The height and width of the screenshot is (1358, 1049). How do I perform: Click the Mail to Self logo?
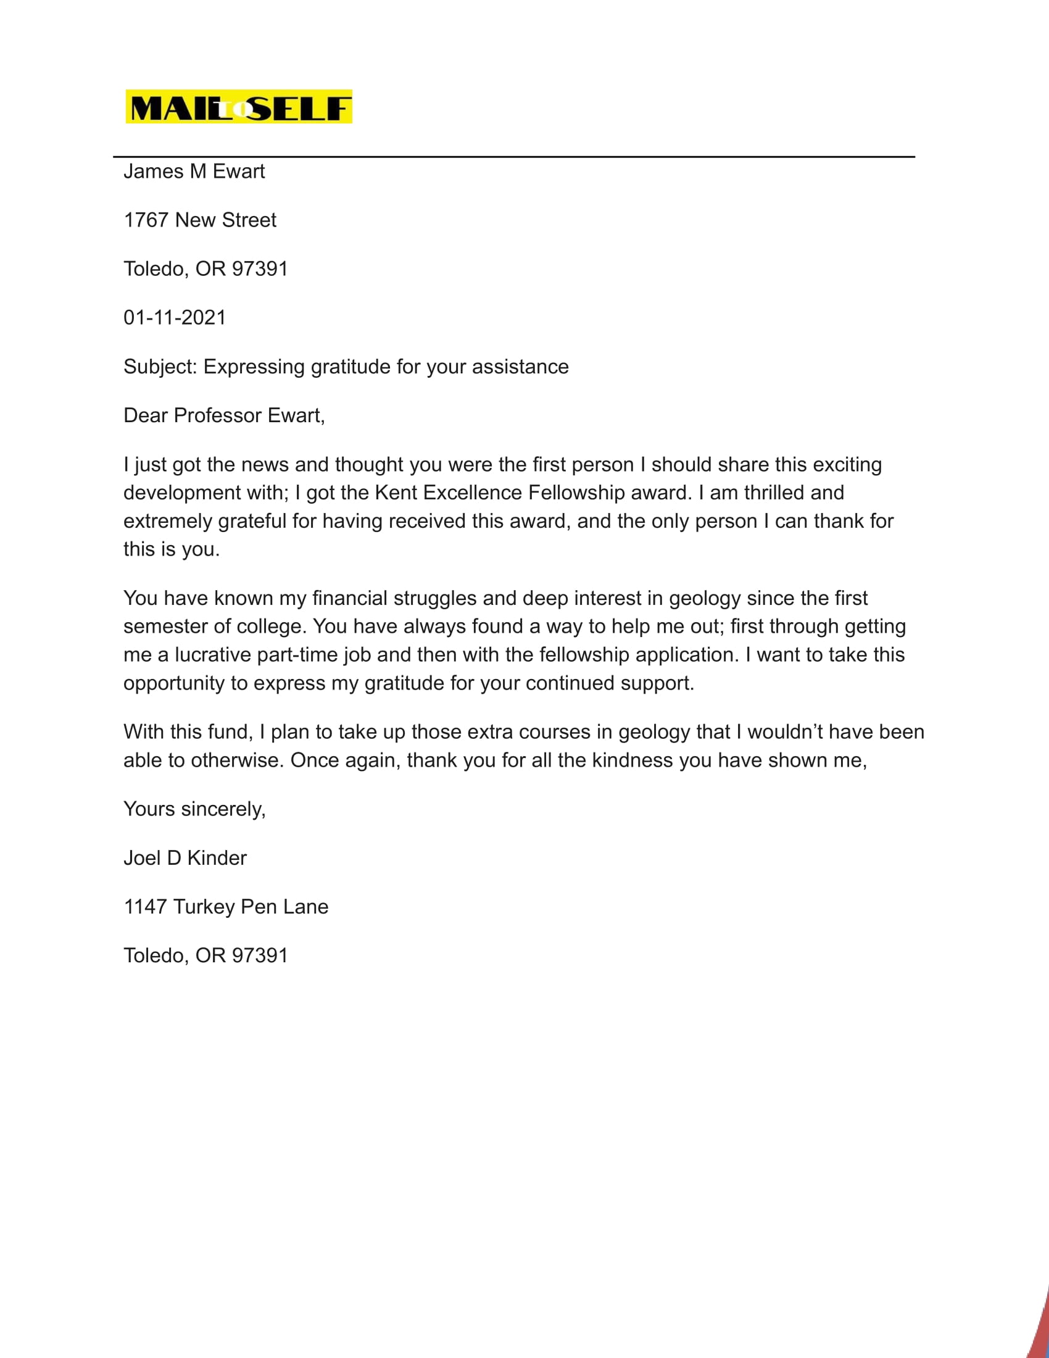pos(239,107)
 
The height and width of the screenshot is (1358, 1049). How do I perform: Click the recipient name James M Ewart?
pos(194,172)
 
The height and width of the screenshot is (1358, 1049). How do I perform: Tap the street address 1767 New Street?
pos(199,220)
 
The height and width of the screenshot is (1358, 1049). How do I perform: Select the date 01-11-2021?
pos(175,318)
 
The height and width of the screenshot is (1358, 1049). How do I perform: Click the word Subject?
pos(159,367)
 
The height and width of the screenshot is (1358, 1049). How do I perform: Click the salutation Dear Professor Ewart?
pos(224,415)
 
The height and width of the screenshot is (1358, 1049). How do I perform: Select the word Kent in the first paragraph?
pos(396,493)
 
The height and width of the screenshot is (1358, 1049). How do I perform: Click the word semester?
pos(165,627)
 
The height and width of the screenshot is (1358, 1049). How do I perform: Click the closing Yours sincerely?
pos(194,810)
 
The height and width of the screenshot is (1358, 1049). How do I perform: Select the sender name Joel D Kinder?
pos(185,859)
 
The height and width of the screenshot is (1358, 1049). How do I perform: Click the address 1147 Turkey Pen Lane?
pos(226,907)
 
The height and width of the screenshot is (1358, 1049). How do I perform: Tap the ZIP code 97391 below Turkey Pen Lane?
pos(260,956)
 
